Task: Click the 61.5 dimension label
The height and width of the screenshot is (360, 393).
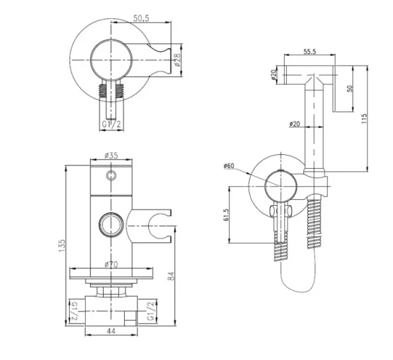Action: coord(226,215)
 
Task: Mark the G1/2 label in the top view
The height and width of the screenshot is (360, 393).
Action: coord(110,124)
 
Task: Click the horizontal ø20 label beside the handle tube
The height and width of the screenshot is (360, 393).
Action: coord(295,123)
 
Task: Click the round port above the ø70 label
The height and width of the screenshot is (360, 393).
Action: coord(110,223)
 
